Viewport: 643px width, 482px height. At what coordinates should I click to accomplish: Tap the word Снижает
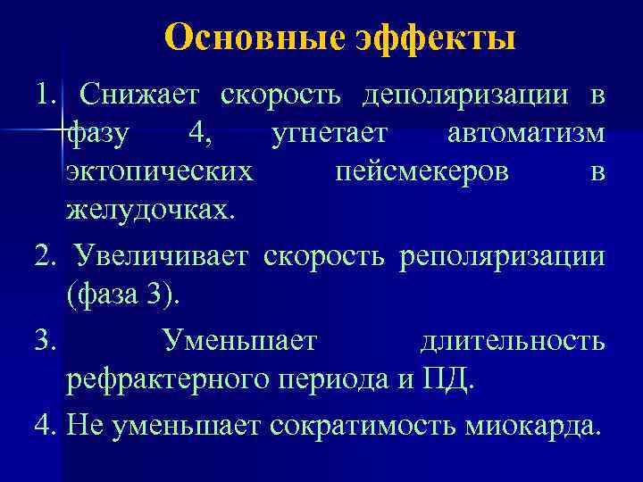point(143,94)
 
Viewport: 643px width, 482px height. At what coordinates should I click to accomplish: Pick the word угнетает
point(330,133)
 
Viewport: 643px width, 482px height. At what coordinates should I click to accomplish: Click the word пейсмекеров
point(422,172)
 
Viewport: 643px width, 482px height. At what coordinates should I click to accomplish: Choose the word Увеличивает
point(164,257)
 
